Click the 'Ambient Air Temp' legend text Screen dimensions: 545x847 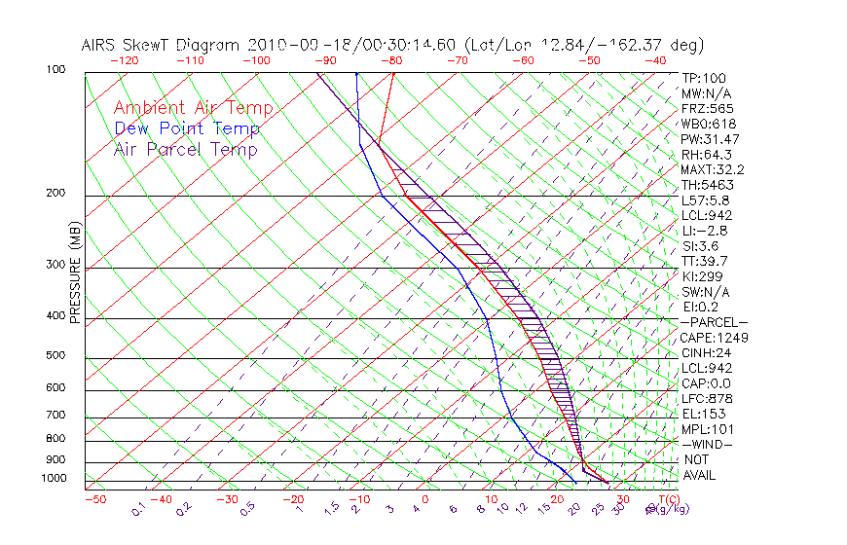[193, 108]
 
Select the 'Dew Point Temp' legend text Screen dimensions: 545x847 [187, 128]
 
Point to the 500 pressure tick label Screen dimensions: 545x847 [55, 355]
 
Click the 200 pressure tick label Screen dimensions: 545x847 [55, 193]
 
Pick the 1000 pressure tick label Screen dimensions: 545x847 [53, 479]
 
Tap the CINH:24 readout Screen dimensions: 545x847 [706, 352]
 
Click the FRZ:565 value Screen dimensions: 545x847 [708, 108]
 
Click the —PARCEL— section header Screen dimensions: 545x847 [715, 322]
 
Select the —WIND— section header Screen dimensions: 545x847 [708, 444]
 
